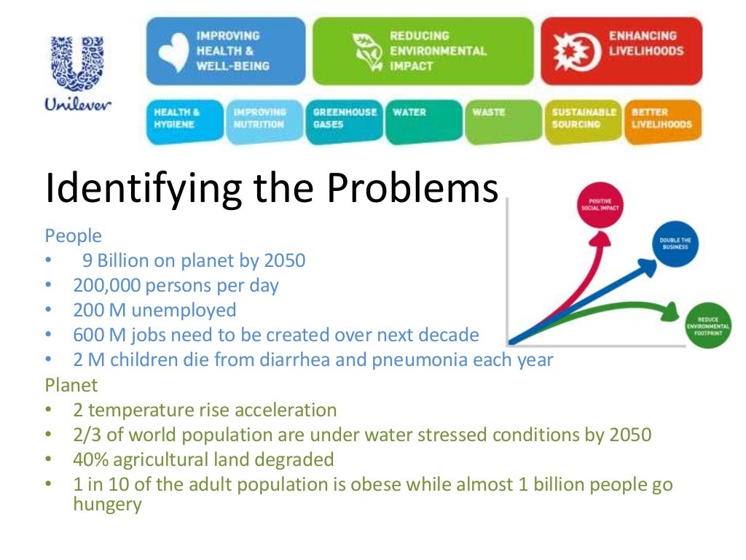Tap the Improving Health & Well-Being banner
226,50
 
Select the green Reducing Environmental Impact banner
424,50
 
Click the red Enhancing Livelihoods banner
621,50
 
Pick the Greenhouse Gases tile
345,120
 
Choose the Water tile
423,120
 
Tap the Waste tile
503,120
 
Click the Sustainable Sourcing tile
584,120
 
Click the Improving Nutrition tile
264,120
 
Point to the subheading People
74,236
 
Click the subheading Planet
71,384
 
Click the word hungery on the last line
107,504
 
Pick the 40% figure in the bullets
89,459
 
